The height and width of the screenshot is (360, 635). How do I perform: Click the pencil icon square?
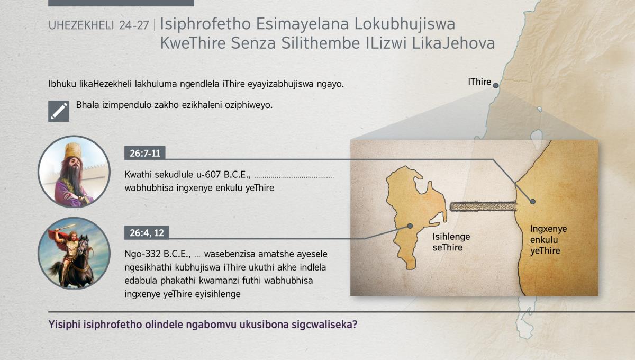coord(59,111)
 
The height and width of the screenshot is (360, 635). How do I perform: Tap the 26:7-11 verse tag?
coord(145,153)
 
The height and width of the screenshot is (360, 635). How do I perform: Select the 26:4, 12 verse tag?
coord(147,232)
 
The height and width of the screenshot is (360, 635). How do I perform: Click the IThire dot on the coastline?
coord(495,85)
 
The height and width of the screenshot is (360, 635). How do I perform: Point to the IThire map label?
coord(479,82)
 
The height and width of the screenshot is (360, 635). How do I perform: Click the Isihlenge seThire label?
coord(451,242)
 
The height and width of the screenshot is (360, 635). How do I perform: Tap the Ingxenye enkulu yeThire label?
coord(548,239)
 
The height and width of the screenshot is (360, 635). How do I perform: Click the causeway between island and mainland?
coord(483,206)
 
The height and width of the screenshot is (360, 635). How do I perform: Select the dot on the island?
coord(410,226)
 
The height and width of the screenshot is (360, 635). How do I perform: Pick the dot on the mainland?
coord(533,201)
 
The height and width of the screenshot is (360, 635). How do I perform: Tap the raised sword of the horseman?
coord(66,228)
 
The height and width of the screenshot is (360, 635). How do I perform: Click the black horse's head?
coord(83,246)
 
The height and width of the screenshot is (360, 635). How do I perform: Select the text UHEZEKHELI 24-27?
coord(98,25)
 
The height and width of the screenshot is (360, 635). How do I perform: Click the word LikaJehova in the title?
coord(453,43)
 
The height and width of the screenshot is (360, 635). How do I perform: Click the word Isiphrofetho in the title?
coord(205,24)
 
